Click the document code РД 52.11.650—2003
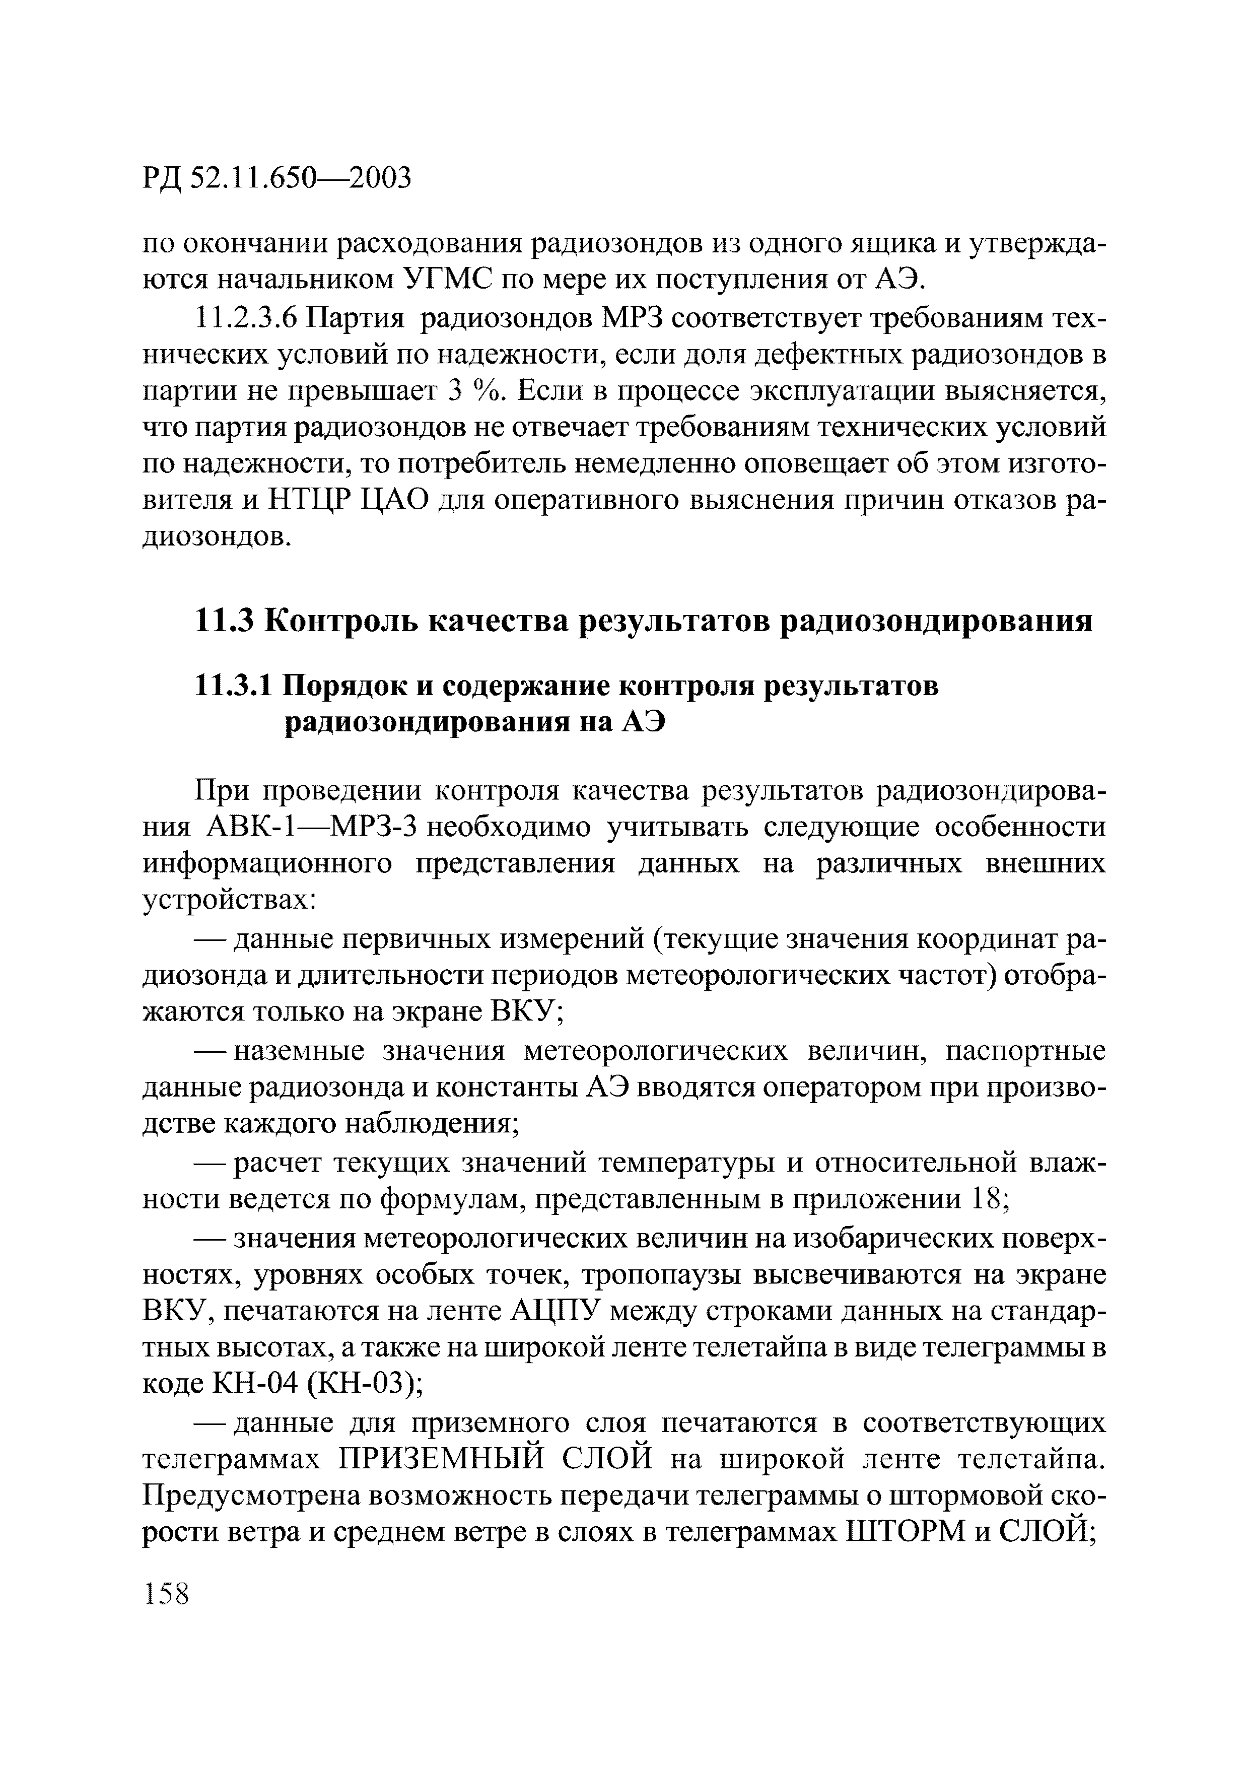tap(277, 178)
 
